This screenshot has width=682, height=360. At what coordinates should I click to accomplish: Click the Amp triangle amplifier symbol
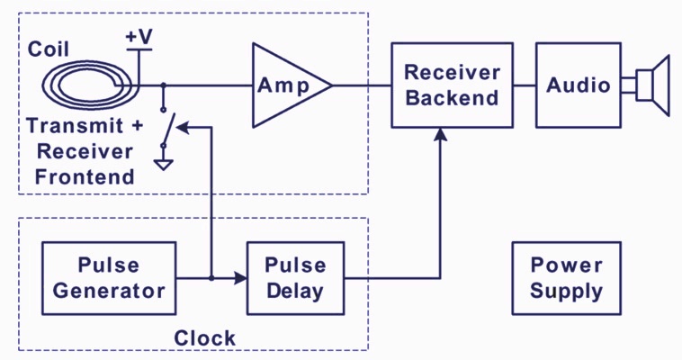tap(292, 85)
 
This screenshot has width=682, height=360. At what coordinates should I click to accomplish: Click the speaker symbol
tap(646, 85)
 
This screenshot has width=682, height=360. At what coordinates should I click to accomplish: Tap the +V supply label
tap(139, 37)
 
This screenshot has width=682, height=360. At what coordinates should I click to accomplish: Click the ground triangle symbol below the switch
tap(164, 165)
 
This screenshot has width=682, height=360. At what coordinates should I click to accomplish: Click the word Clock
tap(204, 338)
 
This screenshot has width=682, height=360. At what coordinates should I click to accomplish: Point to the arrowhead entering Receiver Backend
tap(441, 134)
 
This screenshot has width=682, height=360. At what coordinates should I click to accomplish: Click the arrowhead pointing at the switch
tap(183, 128)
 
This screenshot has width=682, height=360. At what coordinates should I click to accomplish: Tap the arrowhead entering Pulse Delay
tap(240, 278)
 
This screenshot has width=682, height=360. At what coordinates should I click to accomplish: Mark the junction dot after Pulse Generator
tap(211, 278)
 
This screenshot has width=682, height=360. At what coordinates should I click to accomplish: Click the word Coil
tap(49, 49)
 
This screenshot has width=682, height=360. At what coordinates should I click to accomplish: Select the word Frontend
tap(85, 176)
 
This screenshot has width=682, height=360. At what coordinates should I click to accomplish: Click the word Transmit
tap(75, 126)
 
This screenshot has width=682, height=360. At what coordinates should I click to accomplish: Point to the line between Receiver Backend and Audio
tap(525, 85)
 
